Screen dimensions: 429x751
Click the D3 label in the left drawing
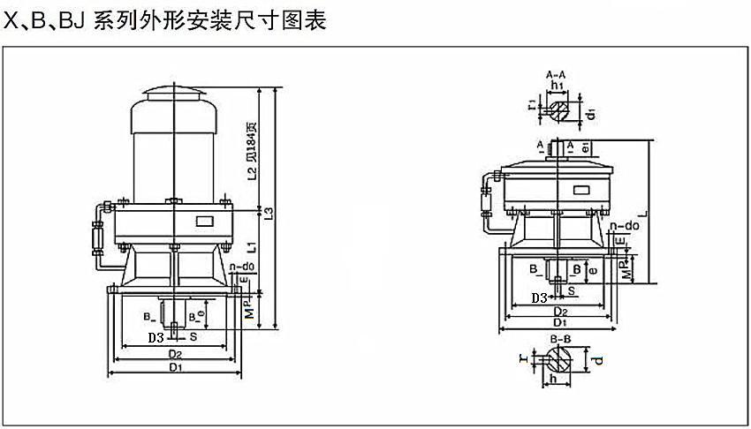pyautogui.click(x=156, y=336)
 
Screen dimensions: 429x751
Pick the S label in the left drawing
pyautogui.click(x=193, y=336)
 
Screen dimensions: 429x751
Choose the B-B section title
pyautogui.click(x=558, y=338)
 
